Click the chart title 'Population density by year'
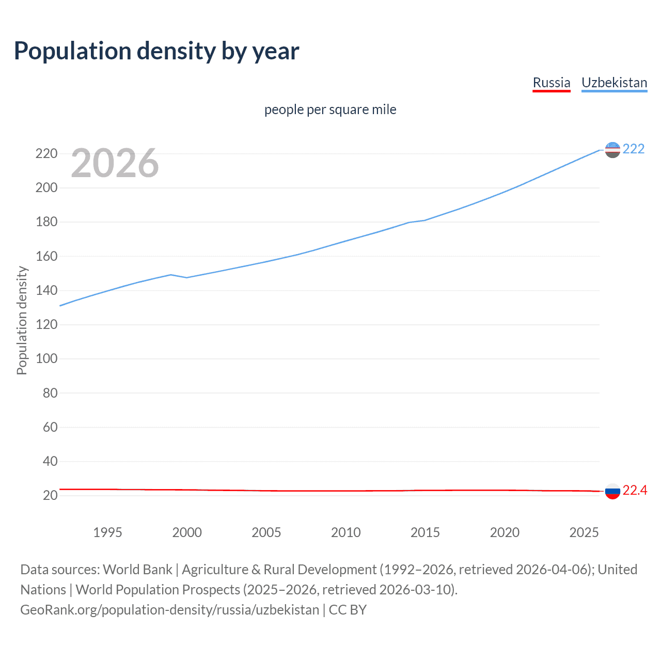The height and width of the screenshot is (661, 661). [156, 51]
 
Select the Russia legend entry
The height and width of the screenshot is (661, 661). [551, 83]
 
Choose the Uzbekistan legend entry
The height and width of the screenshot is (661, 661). [614, 83]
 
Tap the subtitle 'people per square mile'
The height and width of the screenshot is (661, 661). [330, 109]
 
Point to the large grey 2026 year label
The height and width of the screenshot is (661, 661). [115, 163]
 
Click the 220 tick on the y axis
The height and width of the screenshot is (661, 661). [46, 154]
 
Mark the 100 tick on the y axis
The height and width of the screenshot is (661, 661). [46, 359]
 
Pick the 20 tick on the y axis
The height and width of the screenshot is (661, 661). [50, 496]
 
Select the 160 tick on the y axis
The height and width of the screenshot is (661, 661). [46, 256]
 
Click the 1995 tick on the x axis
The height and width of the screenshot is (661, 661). [107, 532]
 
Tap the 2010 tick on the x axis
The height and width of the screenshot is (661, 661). [345, 532]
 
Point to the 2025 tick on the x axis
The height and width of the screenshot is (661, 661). [584, 532]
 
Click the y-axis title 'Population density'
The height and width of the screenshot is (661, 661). [22, 320]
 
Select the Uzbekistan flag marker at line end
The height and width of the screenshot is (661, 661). [612, 150]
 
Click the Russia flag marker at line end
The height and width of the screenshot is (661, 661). [612, 491]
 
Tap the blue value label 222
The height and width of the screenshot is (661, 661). [634, 149]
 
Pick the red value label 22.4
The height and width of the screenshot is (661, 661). [635, 491]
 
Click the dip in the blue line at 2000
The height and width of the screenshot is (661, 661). [186, 277]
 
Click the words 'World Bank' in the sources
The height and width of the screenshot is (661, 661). [137, 570]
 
